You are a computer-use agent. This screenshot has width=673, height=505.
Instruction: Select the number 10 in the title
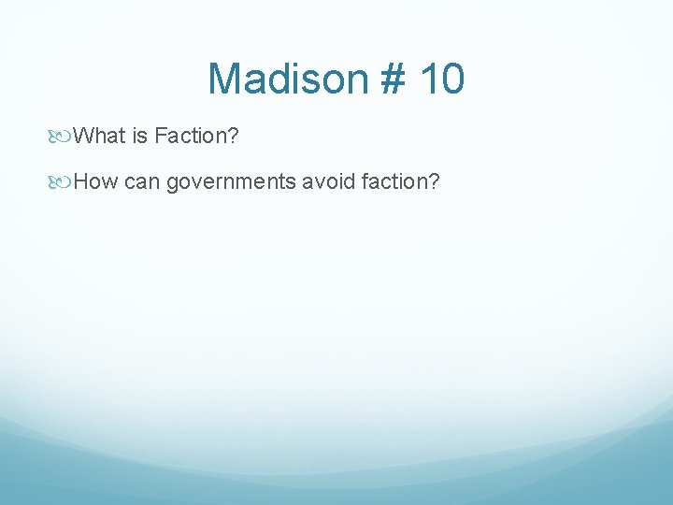click(440, 79)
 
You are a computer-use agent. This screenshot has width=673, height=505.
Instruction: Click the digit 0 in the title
click(452, 79)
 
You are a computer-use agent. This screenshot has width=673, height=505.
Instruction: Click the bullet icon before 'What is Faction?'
click(63, 137)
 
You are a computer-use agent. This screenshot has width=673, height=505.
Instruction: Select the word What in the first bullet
click(99, 137)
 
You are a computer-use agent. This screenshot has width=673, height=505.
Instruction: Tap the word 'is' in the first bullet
click(140, 137)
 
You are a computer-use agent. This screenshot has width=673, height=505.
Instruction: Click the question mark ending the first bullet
click(235, 137)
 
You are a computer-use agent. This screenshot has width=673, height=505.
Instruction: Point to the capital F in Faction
click(161, 137)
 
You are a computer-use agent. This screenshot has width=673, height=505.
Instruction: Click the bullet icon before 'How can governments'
click(63, 181)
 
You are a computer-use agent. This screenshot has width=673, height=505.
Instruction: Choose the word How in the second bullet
click(95, 181)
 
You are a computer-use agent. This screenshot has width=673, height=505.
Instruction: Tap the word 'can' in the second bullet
click(142, 181)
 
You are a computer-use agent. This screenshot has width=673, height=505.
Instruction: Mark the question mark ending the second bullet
click(434, 181)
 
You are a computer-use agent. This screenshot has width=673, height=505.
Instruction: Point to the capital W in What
click(83, 137)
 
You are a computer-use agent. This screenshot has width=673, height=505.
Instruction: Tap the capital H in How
click(80, 181)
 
